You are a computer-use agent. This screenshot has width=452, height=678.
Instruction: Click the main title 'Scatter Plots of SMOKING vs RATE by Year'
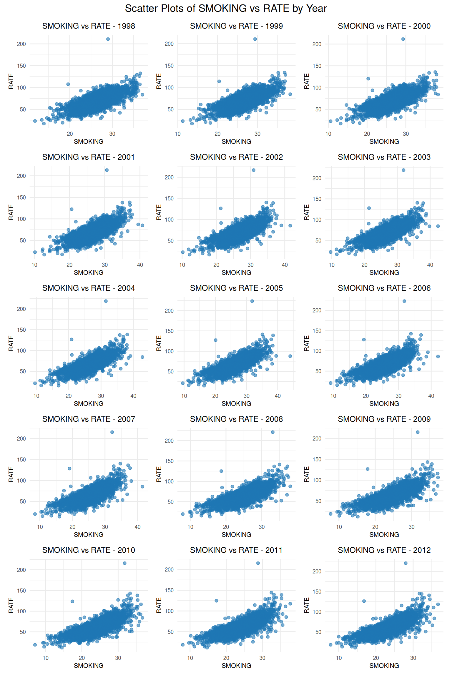click(226, 9)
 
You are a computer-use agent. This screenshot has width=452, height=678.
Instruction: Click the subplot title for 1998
click(88, 26)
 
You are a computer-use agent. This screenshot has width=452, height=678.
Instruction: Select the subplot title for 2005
click(236, 288)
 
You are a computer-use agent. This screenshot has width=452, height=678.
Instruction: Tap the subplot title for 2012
click(384, 550)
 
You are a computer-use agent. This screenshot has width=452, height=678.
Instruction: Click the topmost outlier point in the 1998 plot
click(108, 39)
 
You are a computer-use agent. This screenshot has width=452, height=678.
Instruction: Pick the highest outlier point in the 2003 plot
click(403, 170)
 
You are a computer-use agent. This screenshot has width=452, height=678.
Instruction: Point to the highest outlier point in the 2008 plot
click(272, 432)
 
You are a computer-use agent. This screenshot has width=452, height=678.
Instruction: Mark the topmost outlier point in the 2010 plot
click(124, 563)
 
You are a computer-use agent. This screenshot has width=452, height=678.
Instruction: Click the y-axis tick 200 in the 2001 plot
click(21, 176)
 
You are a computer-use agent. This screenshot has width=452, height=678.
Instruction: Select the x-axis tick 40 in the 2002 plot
click(285, 265)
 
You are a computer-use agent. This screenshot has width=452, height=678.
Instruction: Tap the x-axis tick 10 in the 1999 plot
click(178, 134)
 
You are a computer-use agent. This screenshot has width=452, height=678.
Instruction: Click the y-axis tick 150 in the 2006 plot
click(317, 330)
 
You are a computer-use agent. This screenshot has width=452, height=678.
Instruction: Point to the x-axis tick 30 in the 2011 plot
click(262, 658)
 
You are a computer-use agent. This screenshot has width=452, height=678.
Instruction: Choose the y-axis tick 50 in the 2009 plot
click(318, 501)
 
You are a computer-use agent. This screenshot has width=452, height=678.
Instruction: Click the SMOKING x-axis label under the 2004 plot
click(88, 403)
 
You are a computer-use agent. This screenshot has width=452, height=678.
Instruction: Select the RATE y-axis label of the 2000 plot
click(307, 81)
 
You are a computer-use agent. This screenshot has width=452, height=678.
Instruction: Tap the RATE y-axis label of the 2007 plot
click(11, 474)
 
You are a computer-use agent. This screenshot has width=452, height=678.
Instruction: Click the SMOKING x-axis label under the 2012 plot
click(384, 665)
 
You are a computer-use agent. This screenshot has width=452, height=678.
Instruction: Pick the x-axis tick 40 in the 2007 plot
click(137, 527)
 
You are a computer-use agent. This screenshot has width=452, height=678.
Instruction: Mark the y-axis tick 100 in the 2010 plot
click(21, 611)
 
